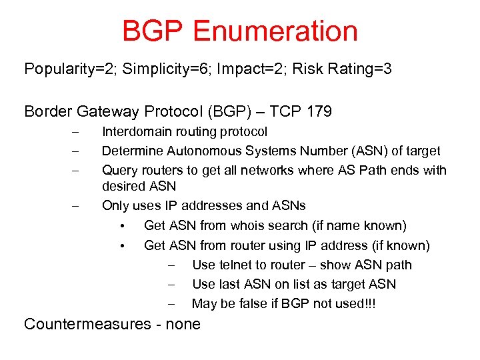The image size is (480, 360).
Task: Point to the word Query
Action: [x=118, y=170]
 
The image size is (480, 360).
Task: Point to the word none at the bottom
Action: [x=183, y=325]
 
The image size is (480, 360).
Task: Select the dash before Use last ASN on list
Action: [x=172, y=285]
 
